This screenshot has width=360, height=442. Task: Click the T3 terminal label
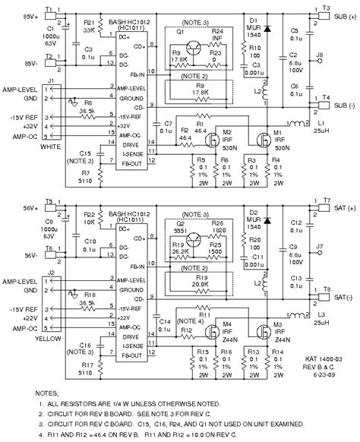pos(326,8)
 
